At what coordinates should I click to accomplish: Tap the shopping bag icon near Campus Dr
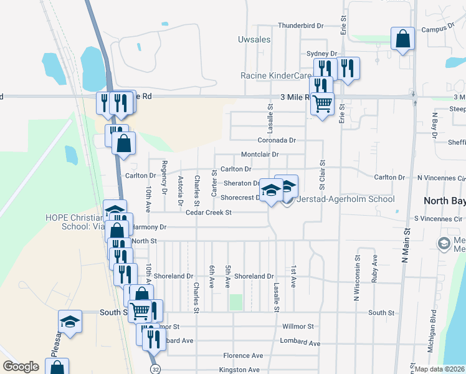point(402,39)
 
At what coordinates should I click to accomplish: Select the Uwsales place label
point(254,39)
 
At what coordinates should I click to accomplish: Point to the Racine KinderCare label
point(276,76)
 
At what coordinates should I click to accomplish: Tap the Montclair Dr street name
point(259,155)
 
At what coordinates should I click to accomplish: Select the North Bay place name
point(444,201)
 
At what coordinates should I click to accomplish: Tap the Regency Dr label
point(164,177)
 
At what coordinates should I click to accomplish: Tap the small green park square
point(235,302)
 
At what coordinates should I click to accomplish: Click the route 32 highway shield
point(155,369)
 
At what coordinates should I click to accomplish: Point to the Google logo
point(21,367)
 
